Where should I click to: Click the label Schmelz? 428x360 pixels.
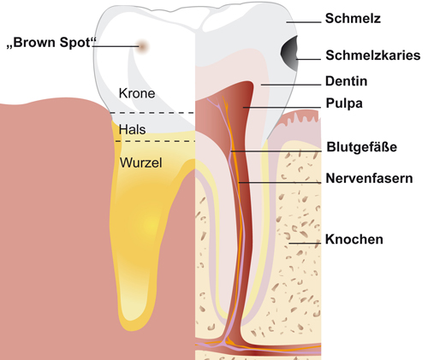(x=353, y=19)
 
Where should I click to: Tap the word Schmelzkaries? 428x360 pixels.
(x=373, y=56)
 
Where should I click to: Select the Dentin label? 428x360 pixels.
(x=346, y=81)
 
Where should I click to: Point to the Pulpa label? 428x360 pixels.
(x=344, y=103)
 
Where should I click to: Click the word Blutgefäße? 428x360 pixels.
(x=361, y=147)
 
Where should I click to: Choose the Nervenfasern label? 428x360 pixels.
(x=369, y=179)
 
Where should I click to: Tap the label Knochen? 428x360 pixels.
(x=354, y=239)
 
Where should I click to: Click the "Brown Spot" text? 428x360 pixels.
(x=51, y=43)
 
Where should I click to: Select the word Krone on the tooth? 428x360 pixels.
(x=137, y=93)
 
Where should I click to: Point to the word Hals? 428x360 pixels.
(x=132, y=129)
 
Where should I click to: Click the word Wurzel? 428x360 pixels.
(x=140, y=162)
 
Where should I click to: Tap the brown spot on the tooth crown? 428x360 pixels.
(x=142, y=46)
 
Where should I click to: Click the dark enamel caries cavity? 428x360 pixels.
(x=289, y=53)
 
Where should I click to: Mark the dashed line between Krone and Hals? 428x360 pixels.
(x=152, y=113)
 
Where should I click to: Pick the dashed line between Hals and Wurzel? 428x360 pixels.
(x=155, y=141)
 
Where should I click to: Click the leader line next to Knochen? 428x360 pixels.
(x=305, y=243)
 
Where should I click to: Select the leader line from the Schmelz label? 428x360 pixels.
(x=304, y=22)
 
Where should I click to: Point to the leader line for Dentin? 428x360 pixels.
(x=291, y=85)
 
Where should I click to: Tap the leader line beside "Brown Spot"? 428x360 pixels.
(x=116, y=46)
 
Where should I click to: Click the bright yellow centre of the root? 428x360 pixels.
(x=151, y=225)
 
